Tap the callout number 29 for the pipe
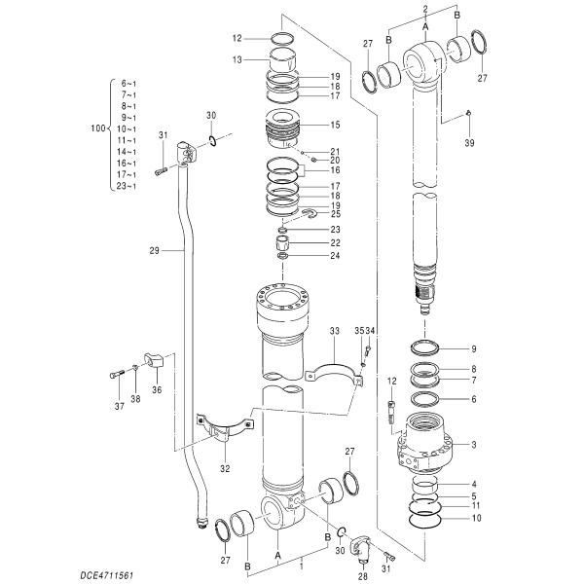click(154, 250)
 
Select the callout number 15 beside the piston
click(335, 125)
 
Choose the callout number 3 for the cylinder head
click(473, 445)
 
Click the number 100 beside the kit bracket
click(95, 128)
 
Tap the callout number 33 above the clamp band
click(334, 332)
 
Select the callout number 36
click(157, 390)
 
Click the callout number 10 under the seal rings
click(475, 519)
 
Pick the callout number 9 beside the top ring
click(473, 348)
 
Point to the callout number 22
click(335, 242)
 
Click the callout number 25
click(335, 213)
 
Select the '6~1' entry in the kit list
click(128, 85)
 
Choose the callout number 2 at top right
click(425, 9)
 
